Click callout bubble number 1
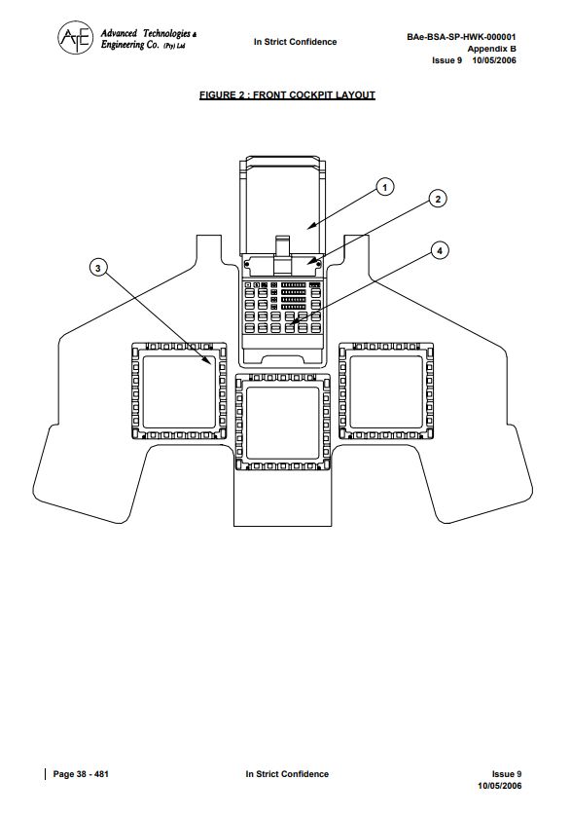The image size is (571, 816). [385, 187]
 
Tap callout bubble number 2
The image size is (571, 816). [438, 199]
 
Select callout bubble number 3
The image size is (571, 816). [98, 269]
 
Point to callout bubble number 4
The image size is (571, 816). [440, 251]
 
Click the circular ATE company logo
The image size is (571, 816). [76, 37]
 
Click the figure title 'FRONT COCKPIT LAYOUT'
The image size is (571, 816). [314, 95]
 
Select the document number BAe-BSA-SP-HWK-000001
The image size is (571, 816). [461, 37]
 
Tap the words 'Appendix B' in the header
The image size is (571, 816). [491, 49]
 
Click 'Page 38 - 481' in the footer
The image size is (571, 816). [81, 774]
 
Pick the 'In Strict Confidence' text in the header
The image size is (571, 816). [295, 42]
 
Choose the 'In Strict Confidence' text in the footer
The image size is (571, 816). [287, 774]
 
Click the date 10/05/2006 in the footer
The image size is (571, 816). [500, 785]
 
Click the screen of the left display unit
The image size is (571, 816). [179, 391]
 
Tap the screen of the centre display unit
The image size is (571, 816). [282, 423]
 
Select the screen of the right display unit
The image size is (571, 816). [386, 391]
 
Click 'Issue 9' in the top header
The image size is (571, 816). [446, 59]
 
